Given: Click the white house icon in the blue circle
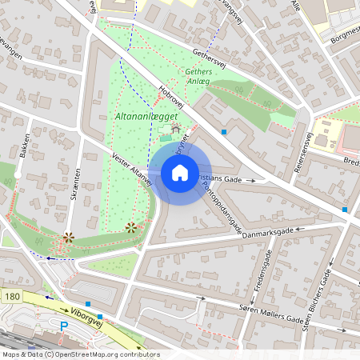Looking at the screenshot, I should [x=180, y=173].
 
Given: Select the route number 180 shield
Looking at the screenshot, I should [x=12, y=297].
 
